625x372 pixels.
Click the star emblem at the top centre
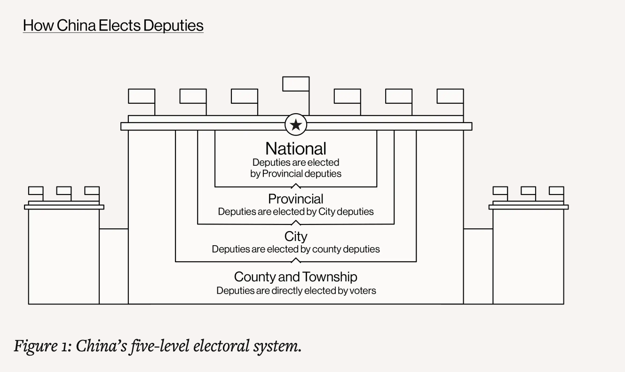(x=296, y=125)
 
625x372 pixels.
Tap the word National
(x=296, y=149)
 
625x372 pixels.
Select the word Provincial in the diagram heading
(x=296, y=199)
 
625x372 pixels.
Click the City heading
(x=296, y=236)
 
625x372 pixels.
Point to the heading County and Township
(x=296, y=277)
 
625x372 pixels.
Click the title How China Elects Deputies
(x=113, y=25)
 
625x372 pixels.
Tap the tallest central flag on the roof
(x=296, y=84)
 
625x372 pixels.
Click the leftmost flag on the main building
(x=142, y=96)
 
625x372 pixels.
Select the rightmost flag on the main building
(x=450, y=96)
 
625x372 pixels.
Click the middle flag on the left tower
(x=64, y=191)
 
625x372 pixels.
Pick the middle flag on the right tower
(x=528, y=191)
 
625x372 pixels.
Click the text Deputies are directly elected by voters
(x=296, y=291)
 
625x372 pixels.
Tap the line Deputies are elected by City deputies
(x=296, y=212)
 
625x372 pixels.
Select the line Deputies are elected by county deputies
(x=296, y=249)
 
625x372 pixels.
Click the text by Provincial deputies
(x=296, y=174)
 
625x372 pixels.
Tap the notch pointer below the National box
(x=296, y=186)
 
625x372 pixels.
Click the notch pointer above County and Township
(x=296, y=260)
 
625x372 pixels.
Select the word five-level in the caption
(x=157, y=347)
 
